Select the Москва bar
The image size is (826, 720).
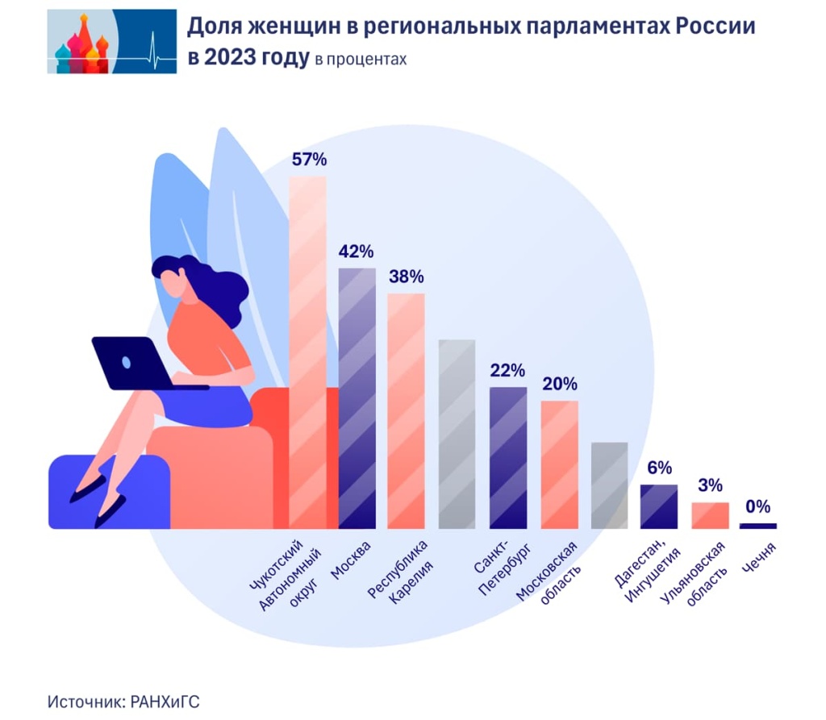coord(357,398)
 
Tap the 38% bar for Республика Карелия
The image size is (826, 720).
coord(406,411)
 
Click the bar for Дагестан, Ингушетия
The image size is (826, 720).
coord(659,506)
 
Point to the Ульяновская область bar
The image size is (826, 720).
coord(710,515)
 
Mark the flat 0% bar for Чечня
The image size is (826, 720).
coord(757,526)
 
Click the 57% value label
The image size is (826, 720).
coord(308,160)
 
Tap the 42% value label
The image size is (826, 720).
coord(357,252)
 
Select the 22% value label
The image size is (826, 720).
coord(507,371)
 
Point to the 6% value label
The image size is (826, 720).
coord(659,468)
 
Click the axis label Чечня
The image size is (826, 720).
coord(760,558)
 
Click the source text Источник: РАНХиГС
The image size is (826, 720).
coord(123,701)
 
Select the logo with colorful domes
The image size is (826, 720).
coord(111,41)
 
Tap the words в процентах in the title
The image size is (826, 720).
coord(361,60)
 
